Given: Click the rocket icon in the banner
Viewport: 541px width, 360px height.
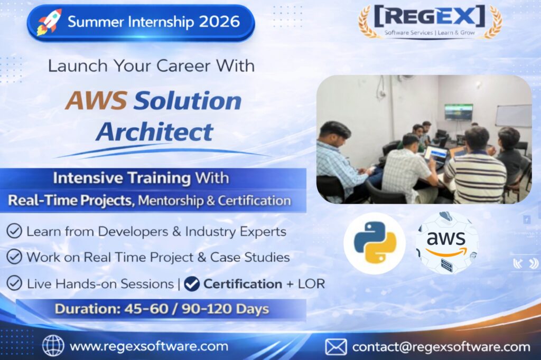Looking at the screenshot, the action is (x=50, y=22).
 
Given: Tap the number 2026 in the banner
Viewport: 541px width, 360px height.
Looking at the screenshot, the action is (x=219, y=22).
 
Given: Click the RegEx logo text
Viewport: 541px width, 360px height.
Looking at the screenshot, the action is (x=430, y=16).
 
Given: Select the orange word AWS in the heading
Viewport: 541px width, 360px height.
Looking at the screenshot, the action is (x=96, y=100).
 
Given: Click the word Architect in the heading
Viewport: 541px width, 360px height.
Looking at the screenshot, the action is (x=155, y=132).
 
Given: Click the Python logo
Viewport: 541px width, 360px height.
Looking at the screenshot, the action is (x=375, y=243).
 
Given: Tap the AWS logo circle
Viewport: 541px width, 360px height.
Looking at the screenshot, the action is (x=446, y=243).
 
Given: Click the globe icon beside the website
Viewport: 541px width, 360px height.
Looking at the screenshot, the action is (x=53, y=346).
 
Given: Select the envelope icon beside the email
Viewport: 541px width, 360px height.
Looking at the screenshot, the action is (x=335, y=347).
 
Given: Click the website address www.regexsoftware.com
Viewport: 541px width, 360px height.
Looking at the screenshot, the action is (x=149, y=346).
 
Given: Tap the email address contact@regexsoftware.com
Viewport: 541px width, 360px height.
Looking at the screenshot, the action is (x=441, y=347).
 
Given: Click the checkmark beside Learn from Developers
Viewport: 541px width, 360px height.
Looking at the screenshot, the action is (x=14, y=231).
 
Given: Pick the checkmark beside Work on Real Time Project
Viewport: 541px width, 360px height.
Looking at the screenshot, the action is (x=14, y=257).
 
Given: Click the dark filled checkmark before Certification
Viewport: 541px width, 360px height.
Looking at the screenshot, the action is (x=192, y=284).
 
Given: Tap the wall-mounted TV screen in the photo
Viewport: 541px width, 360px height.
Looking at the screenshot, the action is (x=458, y=112).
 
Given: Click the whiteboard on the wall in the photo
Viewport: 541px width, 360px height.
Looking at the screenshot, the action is (x=514, y=116).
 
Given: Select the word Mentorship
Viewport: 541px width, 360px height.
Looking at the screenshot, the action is (x=171, y=201).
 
